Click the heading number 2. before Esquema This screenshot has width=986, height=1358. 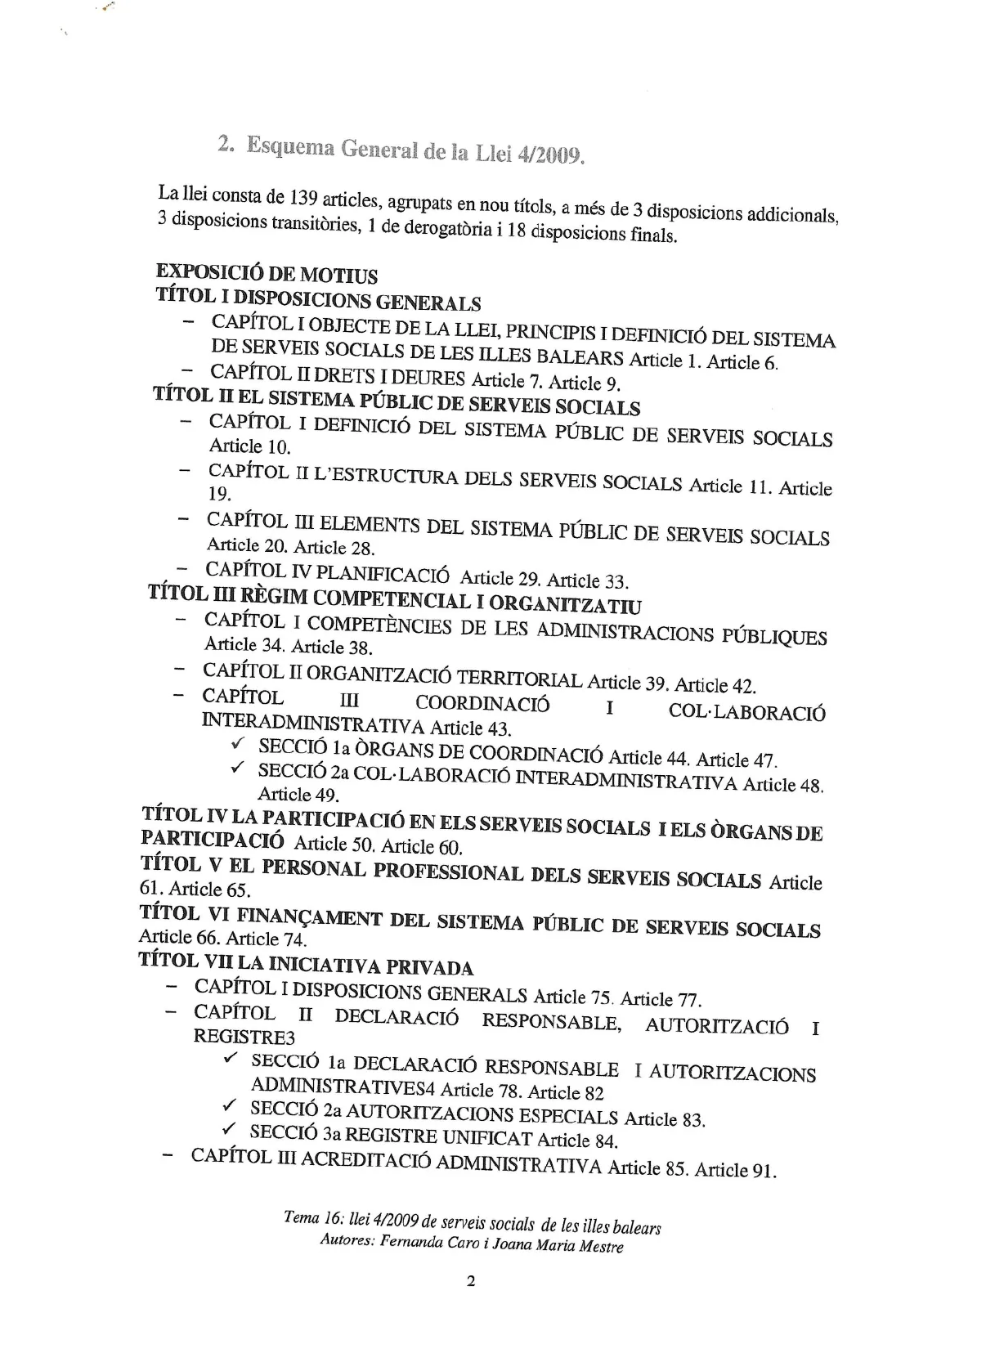pyautogui.click(x=226, y=143)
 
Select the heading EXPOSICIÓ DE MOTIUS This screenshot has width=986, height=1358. pyautogui.click(x=267, y=272)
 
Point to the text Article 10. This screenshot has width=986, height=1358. pyautogui.click(x=249, y=446)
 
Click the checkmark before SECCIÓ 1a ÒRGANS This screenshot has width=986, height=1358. pyautogui.click(x=238, y=744)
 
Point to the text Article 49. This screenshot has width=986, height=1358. pyautogui.click(x=298, y=794)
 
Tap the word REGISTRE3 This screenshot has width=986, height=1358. pyautogui.click(x=243, y=1037)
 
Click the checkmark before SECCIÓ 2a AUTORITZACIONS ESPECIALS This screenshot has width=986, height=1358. pyautogui.click(x=230, y=1107)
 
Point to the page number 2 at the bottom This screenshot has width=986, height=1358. pyautogui.click(x=470, y=1281)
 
